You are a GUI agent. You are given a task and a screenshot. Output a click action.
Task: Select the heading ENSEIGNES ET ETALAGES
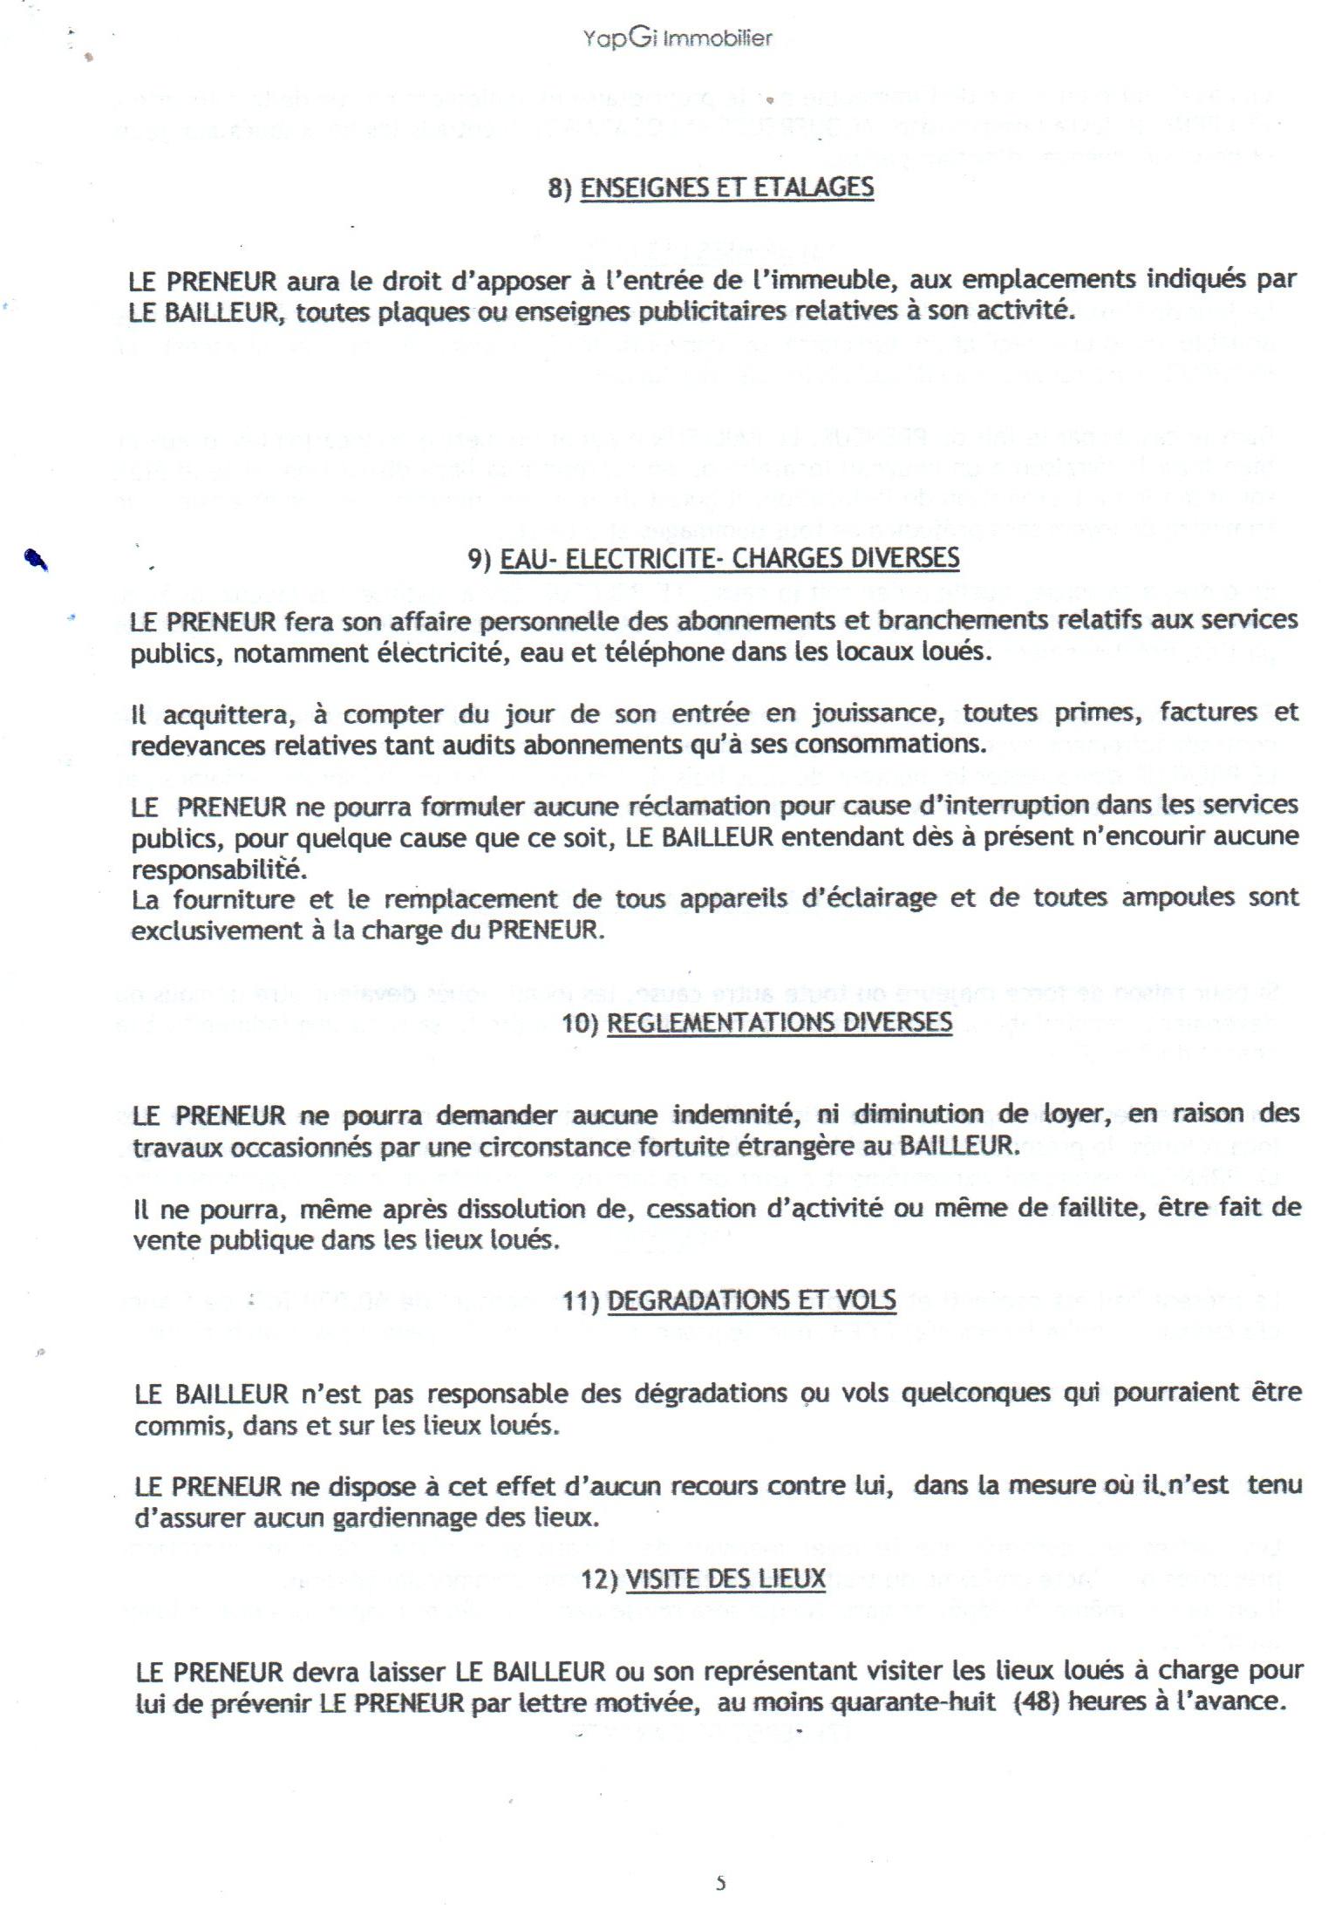click(x=726, y=187)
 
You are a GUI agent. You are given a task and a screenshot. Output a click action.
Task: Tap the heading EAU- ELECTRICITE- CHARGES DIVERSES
click(x=729, y=558)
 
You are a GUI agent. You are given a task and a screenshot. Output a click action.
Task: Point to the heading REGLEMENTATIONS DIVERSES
click(x=779, y=1021)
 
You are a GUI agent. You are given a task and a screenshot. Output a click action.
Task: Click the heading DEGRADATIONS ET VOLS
click(x=751, y=1300)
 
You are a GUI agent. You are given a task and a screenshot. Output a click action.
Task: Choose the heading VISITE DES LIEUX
click(x=725, y=1579)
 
